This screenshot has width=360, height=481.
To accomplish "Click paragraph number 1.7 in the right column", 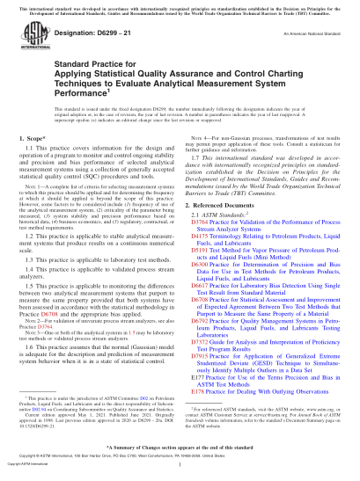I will (x=199, y=183).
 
